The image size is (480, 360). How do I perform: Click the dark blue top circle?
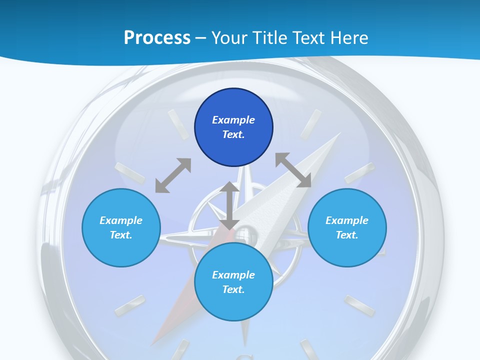233,127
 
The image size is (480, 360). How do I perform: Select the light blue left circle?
121,227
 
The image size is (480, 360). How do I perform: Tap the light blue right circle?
347,227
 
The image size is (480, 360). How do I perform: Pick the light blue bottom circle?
233,282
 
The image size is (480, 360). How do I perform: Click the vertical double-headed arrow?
229,205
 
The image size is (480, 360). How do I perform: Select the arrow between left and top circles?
173,175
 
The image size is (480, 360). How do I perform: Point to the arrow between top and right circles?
293,170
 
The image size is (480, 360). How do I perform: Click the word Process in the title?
157,37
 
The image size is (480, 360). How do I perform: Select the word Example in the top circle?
233,120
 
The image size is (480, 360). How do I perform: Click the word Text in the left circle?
121,235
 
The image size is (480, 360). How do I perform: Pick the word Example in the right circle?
347,220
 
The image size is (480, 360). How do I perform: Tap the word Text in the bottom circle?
233,289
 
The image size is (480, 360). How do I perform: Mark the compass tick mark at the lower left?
130,305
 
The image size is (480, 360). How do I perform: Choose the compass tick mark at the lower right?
359,305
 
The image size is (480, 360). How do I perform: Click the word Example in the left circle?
121,220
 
